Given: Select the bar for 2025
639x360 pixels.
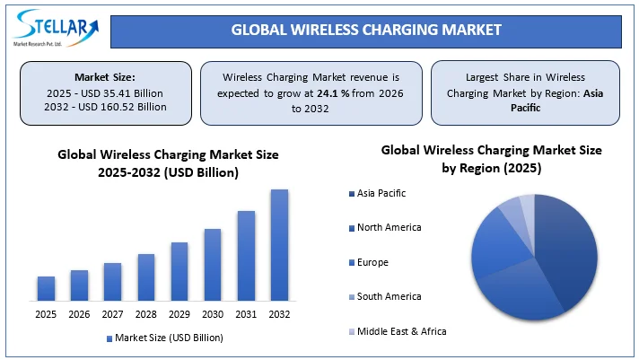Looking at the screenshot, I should tap(46, 288).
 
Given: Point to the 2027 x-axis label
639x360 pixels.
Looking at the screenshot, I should tap(112, 314).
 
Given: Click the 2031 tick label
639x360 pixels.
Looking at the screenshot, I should tap(246, 314).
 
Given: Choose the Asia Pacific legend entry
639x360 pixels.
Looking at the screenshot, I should tap(381, 193).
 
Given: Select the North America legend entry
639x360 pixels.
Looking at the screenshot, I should tap(389, 227).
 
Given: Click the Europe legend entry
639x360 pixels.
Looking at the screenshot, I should tap(372, 262).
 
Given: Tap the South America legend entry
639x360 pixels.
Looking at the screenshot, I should tap(389, 296).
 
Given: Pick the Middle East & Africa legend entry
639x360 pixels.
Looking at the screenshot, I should tap(401, 331).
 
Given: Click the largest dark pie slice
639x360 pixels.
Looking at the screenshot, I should tap(565, 251).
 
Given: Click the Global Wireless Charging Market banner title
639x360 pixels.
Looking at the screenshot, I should tap(366, 29).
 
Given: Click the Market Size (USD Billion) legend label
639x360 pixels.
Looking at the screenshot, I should tap(170, 338).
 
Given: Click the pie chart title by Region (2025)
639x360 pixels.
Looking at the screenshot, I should tap(491, 168).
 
